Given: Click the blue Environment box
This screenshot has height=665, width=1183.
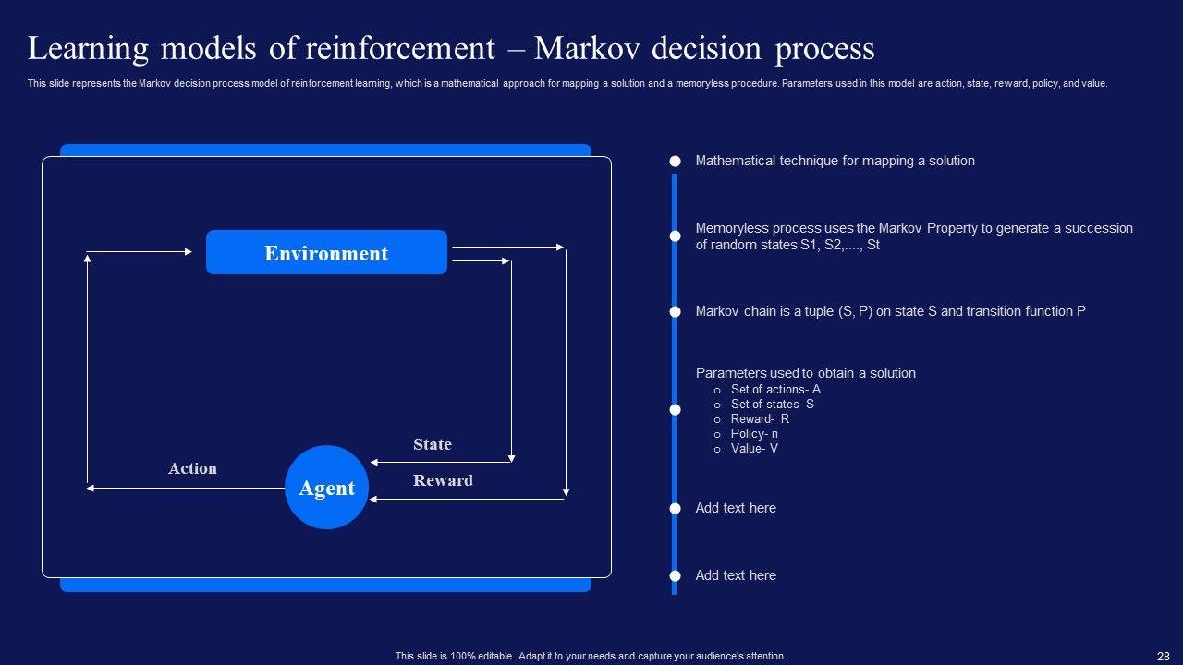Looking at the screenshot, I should pyautogui.click(x=326, y=253).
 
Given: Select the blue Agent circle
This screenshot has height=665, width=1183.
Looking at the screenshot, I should pyautogui.click(x=326, y=488).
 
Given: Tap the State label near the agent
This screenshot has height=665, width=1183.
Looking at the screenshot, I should pyautogui.click(x=433, y=444).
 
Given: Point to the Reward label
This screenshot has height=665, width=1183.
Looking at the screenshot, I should pyautogui.click(x=443, y=480).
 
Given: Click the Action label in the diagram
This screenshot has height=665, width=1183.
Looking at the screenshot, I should pyautogui.click(x=192, y=468).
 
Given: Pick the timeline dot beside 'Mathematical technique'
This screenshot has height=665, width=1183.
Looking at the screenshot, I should pyautogui.click(x=676, y=161).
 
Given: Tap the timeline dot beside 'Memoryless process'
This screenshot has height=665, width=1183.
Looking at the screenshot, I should pyautogui.click(x=676, y=236).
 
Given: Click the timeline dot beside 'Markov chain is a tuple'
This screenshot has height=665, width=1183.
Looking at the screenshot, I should pyautogui.click(x=676, y=312).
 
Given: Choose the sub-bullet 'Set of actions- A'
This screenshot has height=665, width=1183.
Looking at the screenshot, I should pyautogui.click(x=775, y=389).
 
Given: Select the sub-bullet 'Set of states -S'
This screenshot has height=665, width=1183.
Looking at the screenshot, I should pyautogui.click(x=772, y=404).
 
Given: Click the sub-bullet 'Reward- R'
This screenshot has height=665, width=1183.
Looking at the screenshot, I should pyautogui.click(x=760, y=418).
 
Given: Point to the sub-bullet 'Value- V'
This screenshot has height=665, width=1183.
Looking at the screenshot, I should pyautogui.click(x=754, y=448).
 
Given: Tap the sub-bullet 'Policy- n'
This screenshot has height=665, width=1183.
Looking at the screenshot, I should pyautogui.click(x=754, y=433).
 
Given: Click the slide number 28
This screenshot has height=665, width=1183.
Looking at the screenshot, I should pyautogui.click(x=1163, y=656).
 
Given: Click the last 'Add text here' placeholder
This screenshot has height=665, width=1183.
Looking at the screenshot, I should pyautogui.click(x=736, y=575).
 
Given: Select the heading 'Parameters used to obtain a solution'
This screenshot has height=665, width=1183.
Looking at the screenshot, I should pyautogui.click(x=805, y=373).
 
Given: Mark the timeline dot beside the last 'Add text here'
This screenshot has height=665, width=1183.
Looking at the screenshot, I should pyautogui.click(x=676, y=575).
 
